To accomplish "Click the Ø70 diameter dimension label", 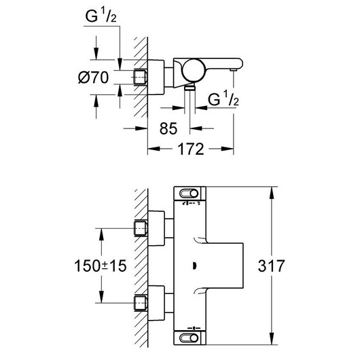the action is click(93, 77).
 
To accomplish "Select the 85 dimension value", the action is click(168, 128).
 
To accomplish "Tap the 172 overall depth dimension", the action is click(191, 149).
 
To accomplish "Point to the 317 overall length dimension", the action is click(271, 266).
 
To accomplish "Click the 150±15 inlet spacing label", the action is click(101, 266).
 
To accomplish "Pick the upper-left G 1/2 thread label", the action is click(101, 16).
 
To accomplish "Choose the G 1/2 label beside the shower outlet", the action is click(223, 99).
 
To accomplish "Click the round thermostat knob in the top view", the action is click(194, 70).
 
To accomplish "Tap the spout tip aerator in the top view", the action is click(234, 70).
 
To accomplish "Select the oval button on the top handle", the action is click(189, 194).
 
